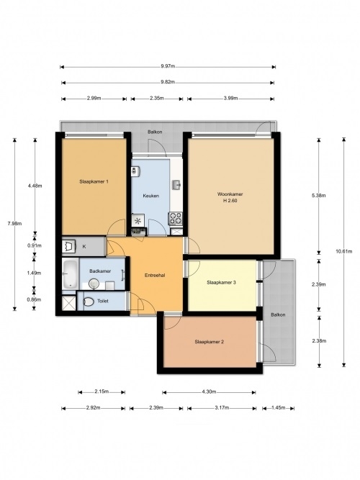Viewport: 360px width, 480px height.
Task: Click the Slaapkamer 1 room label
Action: [x=94, y=181]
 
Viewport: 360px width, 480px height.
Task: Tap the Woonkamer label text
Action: [x=230, y=194]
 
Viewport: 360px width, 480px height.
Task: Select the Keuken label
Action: [x=150, y=196]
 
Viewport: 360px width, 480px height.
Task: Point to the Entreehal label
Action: [x=155, y=275]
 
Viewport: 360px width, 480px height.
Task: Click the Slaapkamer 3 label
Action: [x=221, y=283]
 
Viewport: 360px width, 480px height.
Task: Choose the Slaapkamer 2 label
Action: [x=210, y=342]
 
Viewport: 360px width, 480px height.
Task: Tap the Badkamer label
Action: [x=100, y=271]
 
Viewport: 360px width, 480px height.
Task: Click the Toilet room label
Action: [x=103, y=302]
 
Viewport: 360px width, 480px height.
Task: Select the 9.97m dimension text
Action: [x=168, y=66]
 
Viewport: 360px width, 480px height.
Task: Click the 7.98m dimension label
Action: [x=14, y=224]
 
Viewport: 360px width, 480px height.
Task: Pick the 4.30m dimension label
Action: [x=210, y=391]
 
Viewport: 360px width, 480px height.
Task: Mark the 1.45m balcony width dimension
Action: [x=279, y=408]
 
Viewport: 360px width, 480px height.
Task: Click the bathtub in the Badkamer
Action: [x=70, y=273]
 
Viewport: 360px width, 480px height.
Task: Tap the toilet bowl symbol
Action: [x=89, y=302]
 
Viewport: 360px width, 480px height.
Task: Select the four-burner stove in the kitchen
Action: [x=176, y=219]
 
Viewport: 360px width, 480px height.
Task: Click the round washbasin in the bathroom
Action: [x=94, y=284]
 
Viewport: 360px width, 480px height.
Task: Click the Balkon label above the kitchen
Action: [x=155, y=132]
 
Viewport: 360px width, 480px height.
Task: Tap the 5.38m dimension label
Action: [x=319, y=195]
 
